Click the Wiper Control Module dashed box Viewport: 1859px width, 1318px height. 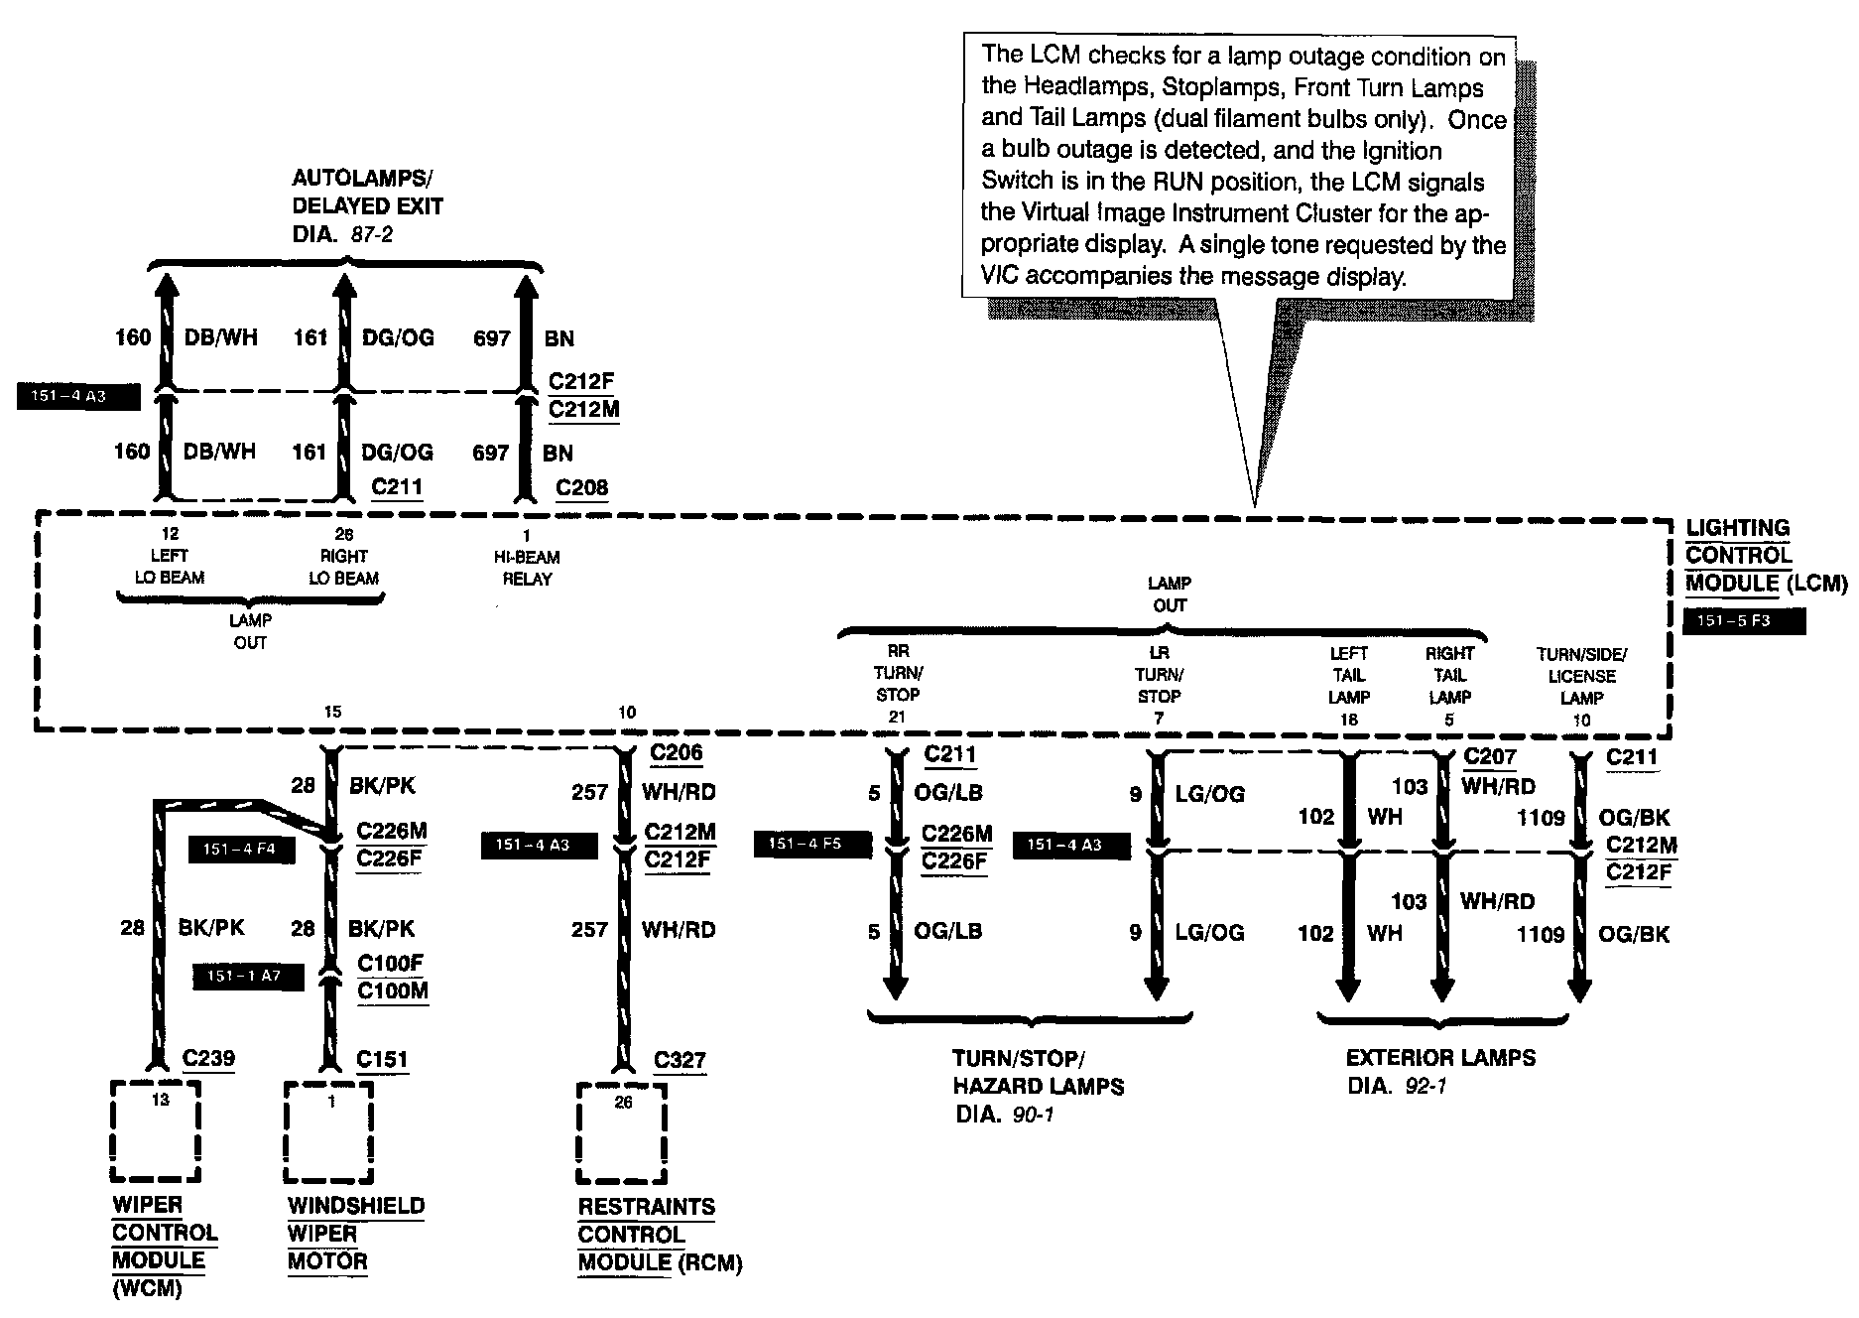click(156, 1131)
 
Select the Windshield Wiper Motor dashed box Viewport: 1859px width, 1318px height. click(329, 1132)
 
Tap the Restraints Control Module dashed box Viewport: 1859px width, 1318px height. click(622, 1133)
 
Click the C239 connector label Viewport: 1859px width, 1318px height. click(209, 1058)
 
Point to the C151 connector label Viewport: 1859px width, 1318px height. click(382, 1060)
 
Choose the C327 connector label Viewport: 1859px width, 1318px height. click(681, 1060)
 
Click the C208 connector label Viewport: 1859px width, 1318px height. click(582, 487)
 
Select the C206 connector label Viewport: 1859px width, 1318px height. click(677, 753)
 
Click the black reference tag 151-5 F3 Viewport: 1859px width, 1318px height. click(1744, 621)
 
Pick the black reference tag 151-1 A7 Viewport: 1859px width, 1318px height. click(243, 976)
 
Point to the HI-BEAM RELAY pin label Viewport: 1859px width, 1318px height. click(527, 568)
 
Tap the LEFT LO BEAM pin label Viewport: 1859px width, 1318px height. click(169, 567)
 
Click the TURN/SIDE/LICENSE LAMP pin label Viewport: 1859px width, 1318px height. click(1581, 676)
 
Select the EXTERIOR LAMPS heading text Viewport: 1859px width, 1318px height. click(1440, 1058)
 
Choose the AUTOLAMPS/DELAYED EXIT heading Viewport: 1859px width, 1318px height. click(367, 193)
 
